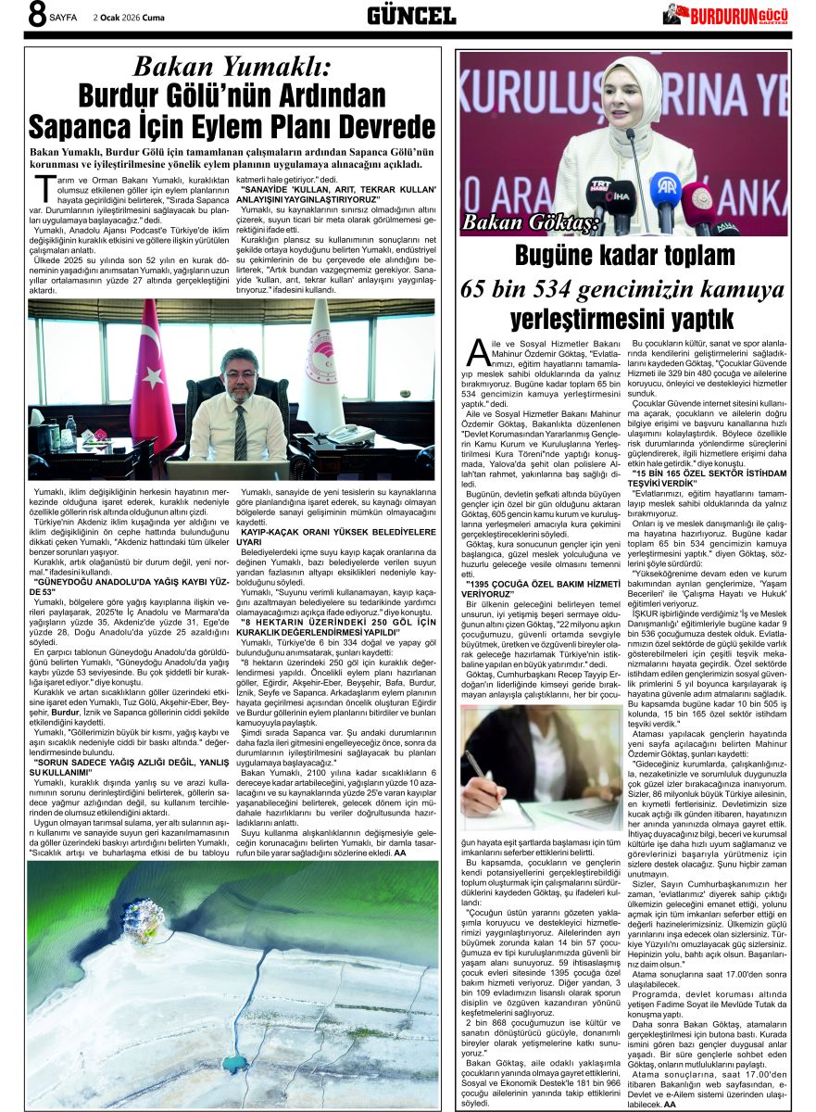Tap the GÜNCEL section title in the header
click(411, 16)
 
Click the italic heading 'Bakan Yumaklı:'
click(231, 67)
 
